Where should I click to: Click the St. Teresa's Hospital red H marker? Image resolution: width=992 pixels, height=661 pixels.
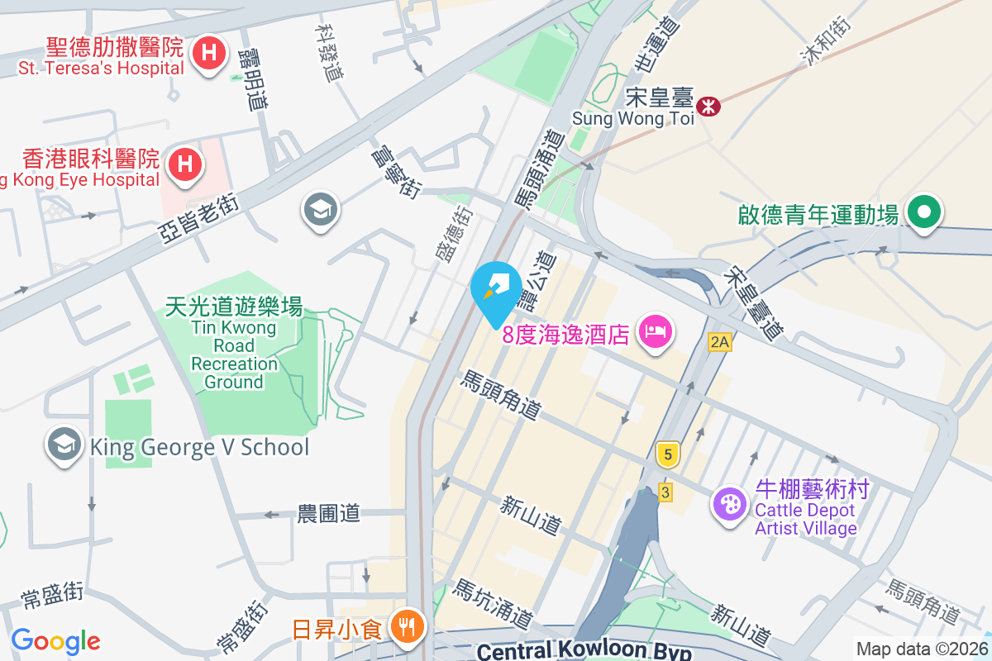[x=210, y=55]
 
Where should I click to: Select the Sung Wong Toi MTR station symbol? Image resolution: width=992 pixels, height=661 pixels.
[x=708, y=106]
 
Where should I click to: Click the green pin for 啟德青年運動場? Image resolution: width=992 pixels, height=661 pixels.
[x=923, y=212]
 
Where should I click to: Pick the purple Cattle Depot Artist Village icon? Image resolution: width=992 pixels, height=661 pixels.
[x=730, y=503]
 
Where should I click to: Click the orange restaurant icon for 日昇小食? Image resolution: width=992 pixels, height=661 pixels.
[x=406, y=626]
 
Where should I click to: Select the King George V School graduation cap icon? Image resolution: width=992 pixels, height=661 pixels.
[x=64, y=445]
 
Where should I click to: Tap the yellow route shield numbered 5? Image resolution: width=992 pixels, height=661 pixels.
[x=668, y=453]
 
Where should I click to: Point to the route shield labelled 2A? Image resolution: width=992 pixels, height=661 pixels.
[x=719, y=341]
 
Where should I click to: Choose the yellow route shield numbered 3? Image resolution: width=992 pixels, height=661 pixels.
[x=665, y=492]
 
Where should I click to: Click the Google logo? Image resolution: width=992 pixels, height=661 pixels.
[x=55, y=641]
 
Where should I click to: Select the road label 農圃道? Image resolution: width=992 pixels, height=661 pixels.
[x=329, y=513]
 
